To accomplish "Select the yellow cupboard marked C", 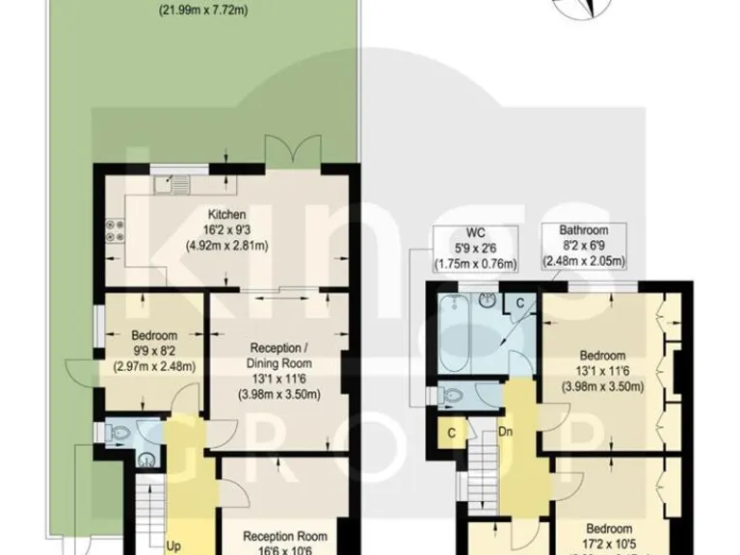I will (450, 433).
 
